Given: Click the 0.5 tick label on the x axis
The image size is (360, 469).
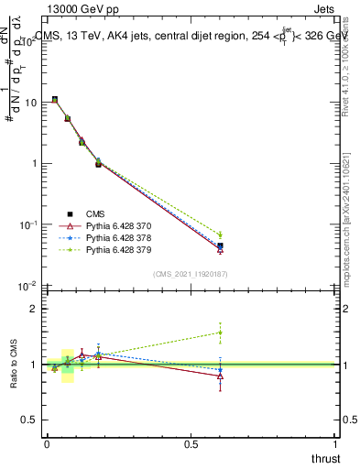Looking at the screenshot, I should click(x=191, y=444).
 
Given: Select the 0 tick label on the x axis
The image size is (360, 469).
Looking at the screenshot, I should click(x=47, y=444).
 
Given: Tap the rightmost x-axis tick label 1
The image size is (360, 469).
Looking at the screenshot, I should click(x=335, y=444).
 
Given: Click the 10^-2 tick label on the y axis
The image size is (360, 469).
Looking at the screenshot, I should click(x=26, y=287).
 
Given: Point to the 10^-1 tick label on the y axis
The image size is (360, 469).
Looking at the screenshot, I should click(x=26, y=225).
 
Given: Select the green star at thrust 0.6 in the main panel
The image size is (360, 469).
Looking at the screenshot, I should click(x=220, y=235).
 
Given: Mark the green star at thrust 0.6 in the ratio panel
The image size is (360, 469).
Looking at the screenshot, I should click(x=220, y=333).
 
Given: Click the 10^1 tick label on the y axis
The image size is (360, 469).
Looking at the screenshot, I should click(x=27, y=103).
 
